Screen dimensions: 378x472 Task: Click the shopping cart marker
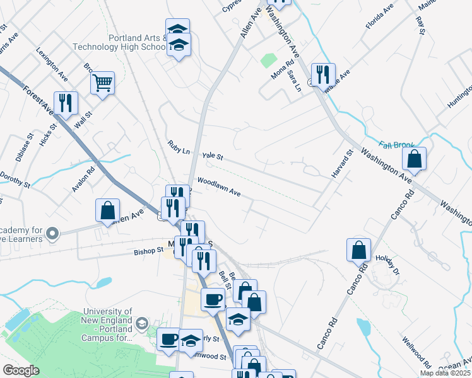point(102,83)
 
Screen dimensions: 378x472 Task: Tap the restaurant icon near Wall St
point(66,103)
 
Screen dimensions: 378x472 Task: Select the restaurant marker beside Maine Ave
point(323,75)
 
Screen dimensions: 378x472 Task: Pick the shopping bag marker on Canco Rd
point(358,249)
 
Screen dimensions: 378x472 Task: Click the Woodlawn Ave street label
point(219,187)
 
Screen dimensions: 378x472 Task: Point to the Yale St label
point(213,156)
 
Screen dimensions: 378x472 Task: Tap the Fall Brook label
point(397,145)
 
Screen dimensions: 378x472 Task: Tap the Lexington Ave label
point(52,63)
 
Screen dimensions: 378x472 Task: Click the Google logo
point(21,370)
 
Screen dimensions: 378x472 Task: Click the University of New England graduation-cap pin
point(143,323)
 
